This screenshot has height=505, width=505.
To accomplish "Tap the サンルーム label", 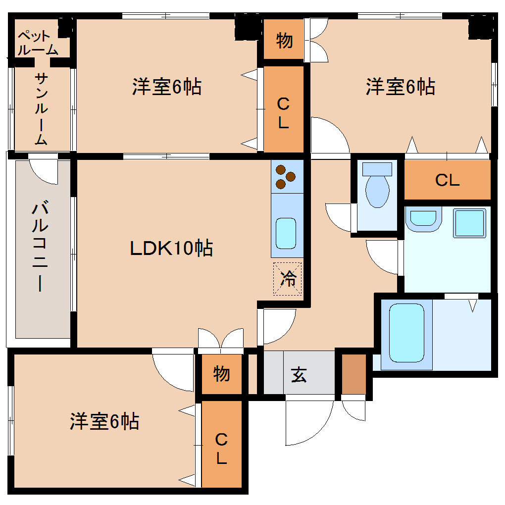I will click(42, 109).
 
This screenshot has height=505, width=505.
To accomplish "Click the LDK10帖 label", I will click(171, 248).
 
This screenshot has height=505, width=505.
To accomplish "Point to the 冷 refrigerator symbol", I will click(287, 279).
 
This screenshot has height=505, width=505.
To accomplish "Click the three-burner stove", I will click(286, 177).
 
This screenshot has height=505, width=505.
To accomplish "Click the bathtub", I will click(406, 332).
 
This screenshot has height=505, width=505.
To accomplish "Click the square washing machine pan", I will click(469, 223).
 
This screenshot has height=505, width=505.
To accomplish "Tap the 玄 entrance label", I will click(299, 375).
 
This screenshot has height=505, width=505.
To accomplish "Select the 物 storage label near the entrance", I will click(221, 373).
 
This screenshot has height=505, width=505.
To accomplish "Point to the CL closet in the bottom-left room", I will click(221, 449).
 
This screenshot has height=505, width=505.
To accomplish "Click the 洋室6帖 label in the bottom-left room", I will click(104, 421).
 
